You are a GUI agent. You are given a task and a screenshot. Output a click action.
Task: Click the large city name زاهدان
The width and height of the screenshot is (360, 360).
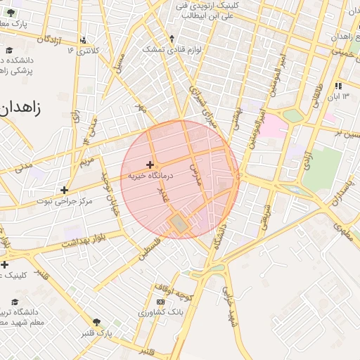point(20,108)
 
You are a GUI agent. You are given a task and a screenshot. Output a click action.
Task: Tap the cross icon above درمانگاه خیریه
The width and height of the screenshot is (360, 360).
point(150,165)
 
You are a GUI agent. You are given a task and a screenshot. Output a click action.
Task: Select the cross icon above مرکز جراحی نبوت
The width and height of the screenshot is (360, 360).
point(65,190)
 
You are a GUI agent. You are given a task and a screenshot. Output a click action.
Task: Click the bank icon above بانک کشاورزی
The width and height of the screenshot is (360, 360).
point(160,301)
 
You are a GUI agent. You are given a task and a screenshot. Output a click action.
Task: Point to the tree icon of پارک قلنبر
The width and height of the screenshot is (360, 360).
point(97,321)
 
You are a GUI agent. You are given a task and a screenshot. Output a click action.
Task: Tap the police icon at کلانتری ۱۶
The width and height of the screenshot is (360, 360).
point(84,39)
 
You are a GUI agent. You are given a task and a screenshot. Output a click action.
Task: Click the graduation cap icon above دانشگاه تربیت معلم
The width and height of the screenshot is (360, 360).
point(4,298)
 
